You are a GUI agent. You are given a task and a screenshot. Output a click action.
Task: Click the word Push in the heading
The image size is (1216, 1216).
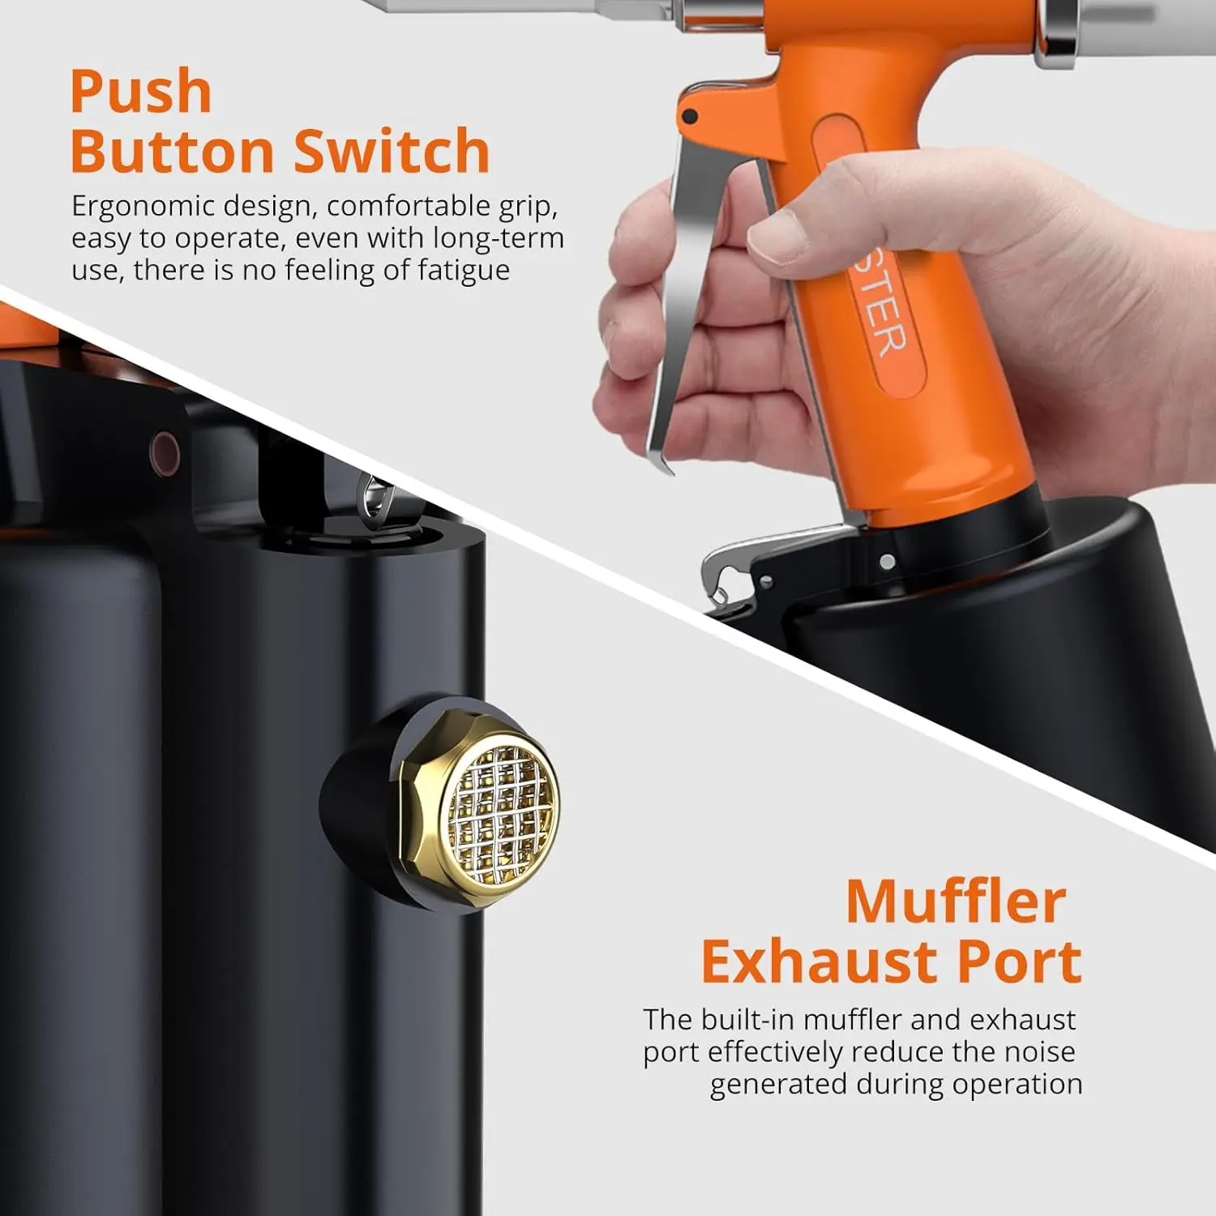141,92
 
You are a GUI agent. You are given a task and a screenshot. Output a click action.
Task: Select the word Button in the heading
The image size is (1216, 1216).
173,152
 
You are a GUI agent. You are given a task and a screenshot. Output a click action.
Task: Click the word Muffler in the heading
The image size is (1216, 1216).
956,901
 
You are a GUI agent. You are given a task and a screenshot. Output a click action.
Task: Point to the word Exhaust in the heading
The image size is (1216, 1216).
820,962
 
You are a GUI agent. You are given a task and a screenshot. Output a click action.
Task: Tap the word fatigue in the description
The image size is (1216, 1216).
463,270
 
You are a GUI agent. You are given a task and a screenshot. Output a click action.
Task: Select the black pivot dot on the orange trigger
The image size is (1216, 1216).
690,116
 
